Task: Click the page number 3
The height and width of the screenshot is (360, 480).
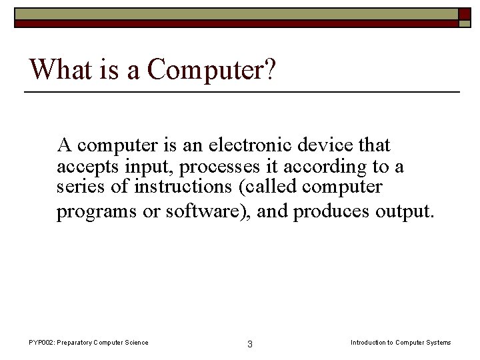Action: tap(249, 344)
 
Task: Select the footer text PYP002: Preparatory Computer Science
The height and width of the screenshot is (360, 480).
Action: tap(88, 343)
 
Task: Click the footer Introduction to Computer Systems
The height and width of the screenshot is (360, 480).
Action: tap(401, 343)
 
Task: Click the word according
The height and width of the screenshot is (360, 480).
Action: tap(317, 167)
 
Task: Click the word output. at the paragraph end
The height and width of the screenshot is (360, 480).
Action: tap(405, 213)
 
